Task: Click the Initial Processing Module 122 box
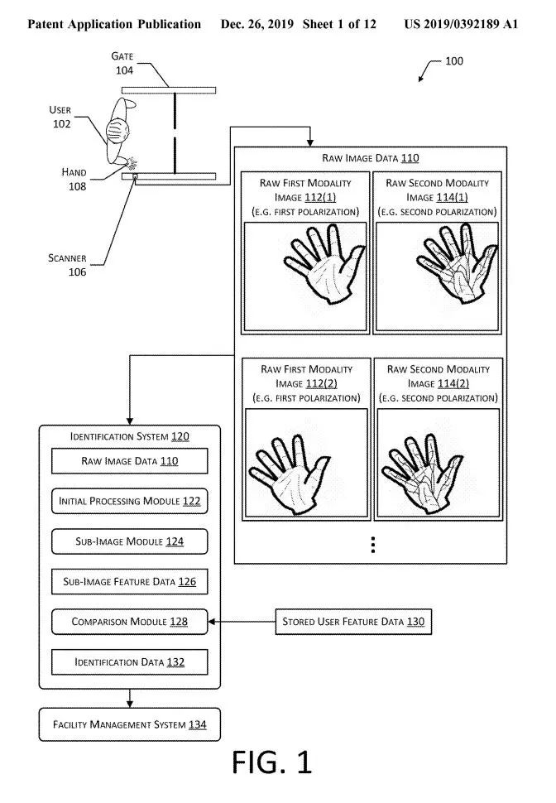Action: pyautogui.click(x=129, y=502)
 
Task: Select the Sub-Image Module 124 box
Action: pyautogui.click(x=129, y=542)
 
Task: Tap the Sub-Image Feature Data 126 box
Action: pyautogui.click(x=129, y=582)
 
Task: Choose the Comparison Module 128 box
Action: pyautogui.click(x=129, y=621)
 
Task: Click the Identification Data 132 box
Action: pyautogui.click(x=129, y=662)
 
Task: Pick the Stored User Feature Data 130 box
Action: pyautogui.click(x=352, y=621)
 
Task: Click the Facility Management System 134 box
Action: pyautogui.click(x=129, y=725)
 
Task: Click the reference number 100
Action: pyautogui.click(x=454, y=61)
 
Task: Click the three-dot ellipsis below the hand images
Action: pyautogui.click(x=373, y=544)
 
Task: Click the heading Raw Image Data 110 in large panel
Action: pyautogui.click(x=371, y=157)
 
